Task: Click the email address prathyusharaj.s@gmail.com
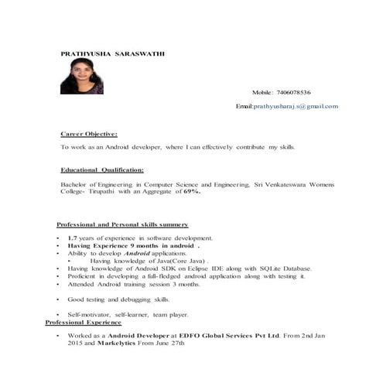[296, 106]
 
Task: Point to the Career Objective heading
[89, 133]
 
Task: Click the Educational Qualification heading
[101, 169]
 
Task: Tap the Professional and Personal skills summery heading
[122, 224]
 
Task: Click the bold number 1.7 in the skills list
[72, 238]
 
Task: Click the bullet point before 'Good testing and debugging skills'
[58, 299]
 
